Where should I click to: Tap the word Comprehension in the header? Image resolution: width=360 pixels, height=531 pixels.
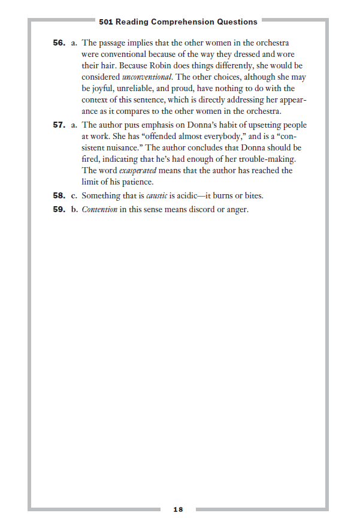pos(177,22)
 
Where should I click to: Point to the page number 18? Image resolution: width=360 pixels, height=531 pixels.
pos(178,509)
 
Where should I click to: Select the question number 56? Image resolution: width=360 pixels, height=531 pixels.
pos(58,43)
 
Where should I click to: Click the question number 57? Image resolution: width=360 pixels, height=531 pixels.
pos(58,125)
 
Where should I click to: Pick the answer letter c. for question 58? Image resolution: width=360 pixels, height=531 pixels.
pos(74,195)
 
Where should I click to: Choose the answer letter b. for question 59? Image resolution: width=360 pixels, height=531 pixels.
pos(74,210)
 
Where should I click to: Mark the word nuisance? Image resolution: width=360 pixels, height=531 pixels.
pos(123,147)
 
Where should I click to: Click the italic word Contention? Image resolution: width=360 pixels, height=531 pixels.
pos(99,210)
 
